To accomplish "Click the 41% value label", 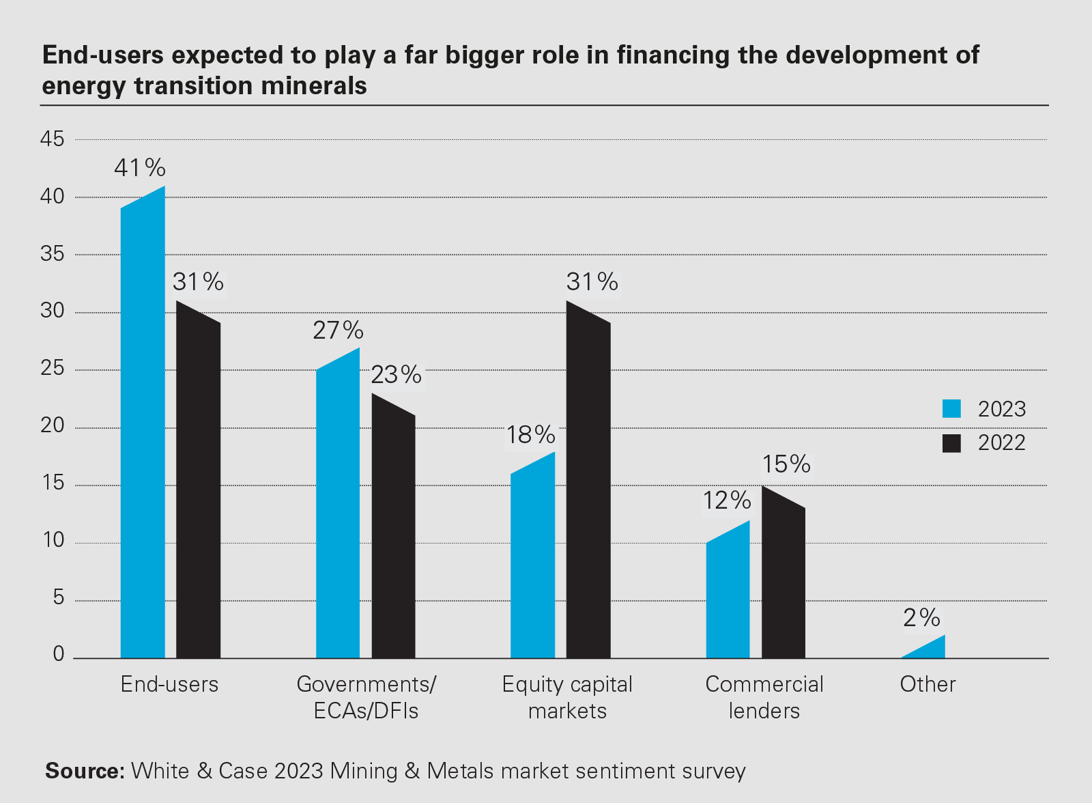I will pyautogui.click(x=140, y=168).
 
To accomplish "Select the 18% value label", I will pyautogui.click(x=530, y=435).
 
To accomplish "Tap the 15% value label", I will pyautogui.click(x=786, y=465).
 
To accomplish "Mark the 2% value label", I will pyautogui.click(x=921, y=618).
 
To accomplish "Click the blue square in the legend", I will pyautogui.click(x=951, y=409).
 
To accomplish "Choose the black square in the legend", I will pyautogui.click(x=951, y=443).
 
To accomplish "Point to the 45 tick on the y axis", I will pyautogui.click(x=53, y=139).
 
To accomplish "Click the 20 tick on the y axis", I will pyautogui.click(x=53, y=426).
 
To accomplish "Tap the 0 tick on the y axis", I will pyautogui.click(x=59, y=655).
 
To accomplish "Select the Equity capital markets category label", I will pyautogui.click(x=567, y=697).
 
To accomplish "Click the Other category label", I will pyautogui.click(x=928, y=684).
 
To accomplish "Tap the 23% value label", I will pyautogui.click(x=397, y=375).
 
